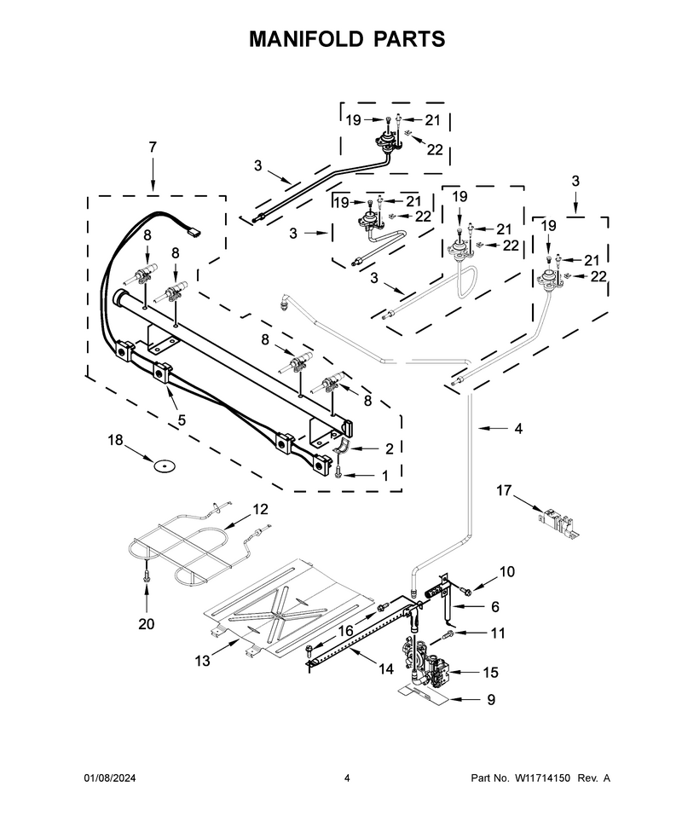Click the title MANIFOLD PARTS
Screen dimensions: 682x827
[x=347, y=39]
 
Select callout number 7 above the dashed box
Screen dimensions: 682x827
[x=153, y=147]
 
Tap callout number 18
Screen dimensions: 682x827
[x=115, y=440]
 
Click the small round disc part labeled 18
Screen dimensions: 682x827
[x=164, y=466]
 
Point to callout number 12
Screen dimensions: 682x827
[x=261, y=509]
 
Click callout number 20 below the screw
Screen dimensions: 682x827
[x=147, y=624]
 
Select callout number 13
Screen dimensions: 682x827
[x=203, y=661]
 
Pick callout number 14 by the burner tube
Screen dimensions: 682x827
[x=386, y=669]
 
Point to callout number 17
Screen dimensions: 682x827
[x=504, y=490]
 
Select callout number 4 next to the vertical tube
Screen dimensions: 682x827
[x=518, y=429]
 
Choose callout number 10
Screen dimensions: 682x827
[x=507, y=571]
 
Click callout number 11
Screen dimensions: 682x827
[x=498, y=633]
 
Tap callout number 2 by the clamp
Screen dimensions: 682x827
[x=390, y=448]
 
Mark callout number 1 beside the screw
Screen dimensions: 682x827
[x=385, y=476]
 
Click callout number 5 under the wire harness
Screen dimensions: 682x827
[x=182, y=420]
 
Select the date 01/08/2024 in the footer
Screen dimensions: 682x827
[x=110, y=778]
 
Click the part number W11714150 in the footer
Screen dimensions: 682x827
[x=542, y=778]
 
